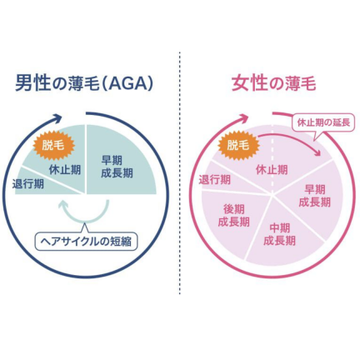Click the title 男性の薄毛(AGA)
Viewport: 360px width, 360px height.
84,82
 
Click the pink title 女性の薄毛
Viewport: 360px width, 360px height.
274,82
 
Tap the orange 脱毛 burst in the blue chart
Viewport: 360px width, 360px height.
53,145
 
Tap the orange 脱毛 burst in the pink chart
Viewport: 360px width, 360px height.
238,145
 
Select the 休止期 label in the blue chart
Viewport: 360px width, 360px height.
65,170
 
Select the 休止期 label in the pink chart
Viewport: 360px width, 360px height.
272,169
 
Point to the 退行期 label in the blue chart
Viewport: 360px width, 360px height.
28,183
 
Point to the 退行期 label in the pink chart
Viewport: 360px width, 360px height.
214,179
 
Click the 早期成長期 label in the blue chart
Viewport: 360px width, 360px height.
117,167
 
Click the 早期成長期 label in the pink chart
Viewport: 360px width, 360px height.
315,196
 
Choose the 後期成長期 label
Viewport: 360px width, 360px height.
233,216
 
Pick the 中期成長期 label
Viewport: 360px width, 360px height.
279,234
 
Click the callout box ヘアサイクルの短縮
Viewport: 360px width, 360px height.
86,241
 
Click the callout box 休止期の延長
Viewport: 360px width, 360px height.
323,122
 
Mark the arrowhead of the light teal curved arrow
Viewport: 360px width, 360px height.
63,205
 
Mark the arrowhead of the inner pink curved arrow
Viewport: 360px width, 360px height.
317,152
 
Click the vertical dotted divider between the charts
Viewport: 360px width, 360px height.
180,172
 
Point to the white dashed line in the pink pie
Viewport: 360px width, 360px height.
272,159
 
